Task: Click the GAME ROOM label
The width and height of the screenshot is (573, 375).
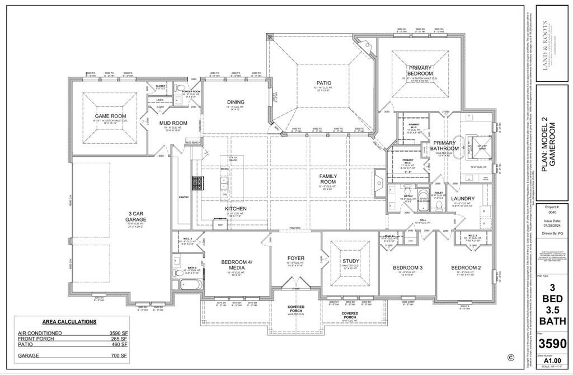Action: pos(110,116)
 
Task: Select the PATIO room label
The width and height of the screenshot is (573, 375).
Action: pos(323,83)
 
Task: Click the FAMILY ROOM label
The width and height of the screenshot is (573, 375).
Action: pos(328,179)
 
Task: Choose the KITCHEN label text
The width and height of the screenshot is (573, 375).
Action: pos(236,208)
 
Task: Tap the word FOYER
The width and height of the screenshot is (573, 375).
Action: pos(295,258)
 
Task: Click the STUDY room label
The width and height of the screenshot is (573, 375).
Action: pos(351,261)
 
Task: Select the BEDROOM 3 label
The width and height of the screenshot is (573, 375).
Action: pos(408,268)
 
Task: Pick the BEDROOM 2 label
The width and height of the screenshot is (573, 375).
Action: pos(466,268)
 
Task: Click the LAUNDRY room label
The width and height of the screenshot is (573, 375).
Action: pos(463,198)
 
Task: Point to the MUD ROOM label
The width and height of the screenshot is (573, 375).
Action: pos(173,123)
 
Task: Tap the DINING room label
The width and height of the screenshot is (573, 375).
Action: pos(236,102)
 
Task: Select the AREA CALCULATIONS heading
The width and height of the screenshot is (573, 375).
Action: pos(69,322)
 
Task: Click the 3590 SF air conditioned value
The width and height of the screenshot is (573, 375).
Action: pos(119,333)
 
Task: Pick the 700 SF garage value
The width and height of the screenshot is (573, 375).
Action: pos(120,355)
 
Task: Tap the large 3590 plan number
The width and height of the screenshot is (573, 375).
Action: pos(552,343)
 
